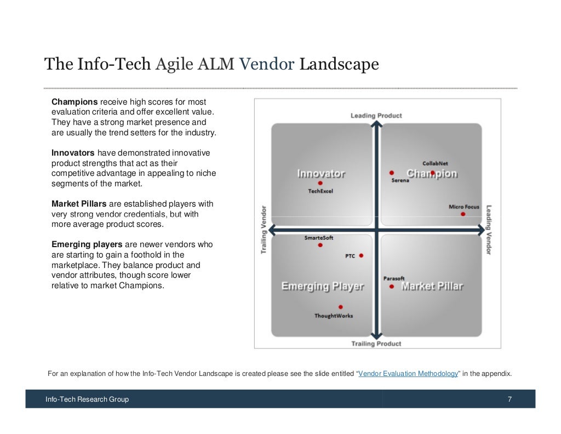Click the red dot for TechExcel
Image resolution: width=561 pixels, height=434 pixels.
click(320, 184)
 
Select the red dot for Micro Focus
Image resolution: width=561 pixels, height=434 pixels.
click(463, 214)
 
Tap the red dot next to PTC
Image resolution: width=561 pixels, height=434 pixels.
click(361, 255)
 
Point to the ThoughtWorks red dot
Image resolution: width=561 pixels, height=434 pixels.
click(341, 307)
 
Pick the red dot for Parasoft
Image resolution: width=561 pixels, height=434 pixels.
click(391, 286)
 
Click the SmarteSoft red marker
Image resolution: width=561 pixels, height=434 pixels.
click(320, 245)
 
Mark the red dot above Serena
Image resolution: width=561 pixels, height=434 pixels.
click(392, 173)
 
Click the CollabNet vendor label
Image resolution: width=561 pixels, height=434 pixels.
click(435, 163)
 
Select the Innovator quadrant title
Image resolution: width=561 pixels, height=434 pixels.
click(321, 174)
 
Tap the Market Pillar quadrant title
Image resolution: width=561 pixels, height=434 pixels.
click(432, 286)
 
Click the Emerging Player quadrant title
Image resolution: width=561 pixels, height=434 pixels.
click(323, 286)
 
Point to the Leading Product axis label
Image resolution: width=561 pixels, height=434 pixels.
click(376, 116)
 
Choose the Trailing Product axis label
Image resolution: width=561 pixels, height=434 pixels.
click(376, 344)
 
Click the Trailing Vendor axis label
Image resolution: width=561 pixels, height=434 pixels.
click(264, 230)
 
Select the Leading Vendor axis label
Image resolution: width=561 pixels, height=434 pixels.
click(489, 230)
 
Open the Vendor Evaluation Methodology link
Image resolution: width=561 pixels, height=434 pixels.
click(408, 374)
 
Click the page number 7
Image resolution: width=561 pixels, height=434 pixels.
click(510, 399)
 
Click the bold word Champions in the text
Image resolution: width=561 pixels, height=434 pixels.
click(75, 102)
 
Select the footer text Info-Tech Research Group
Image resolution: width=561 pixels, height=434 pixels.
click(87, 399)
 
